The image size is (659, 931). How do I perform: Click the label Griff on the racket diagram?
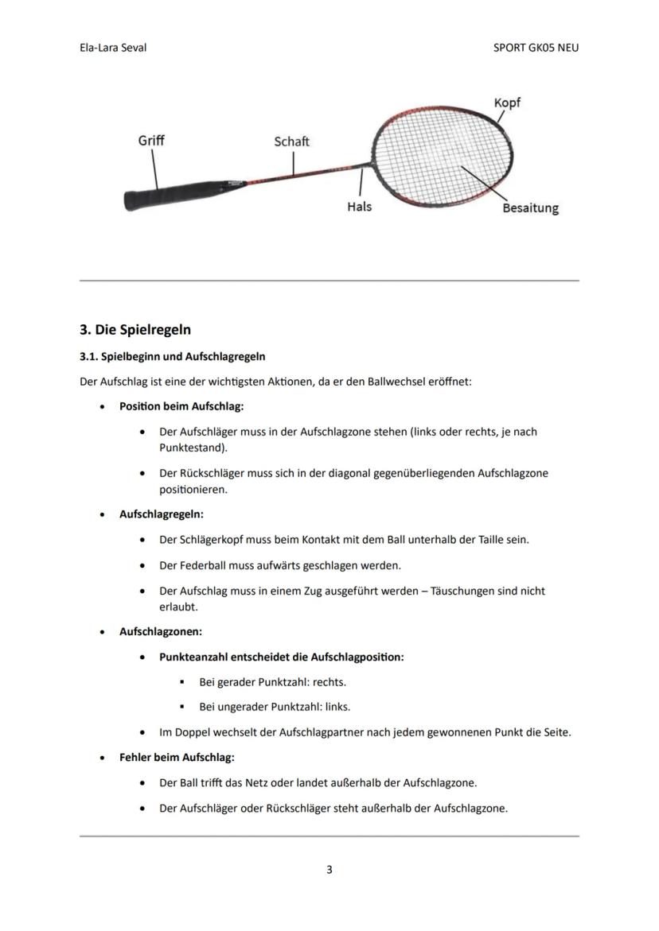tap(151, 140)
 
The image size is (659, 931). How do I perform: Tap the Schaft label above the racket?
tap(291, 142)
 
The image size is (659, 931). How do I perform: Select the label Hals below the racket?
tap(359, 207)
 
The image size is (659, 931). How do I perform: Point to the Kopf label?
tap(507, 103)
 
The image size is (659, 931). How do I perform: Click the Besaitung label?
tap(530, 208)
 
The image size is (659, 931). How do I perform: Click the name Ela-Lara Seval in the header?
tap(113, 48)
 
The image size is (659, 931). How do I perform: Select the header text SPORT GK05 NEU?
tap(536, 48)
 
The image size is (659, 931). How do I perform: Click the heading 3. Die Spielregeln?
tap(135, 329)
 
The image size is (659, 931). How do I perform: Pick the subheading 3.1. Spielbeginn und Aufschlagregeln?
tap(173, 356)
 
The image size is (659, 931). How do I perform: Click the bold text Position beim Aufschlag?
tap(181, 406)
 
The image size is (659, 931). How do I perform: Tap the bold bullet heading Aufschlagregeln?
tap(162, 514)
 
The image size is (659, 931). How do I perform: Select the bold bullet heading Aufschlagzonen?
tap(161, 631)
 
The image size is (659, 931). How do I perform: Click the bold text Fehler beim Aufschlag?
tap(177, 757)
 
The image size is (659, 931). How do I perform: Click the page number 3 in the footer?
tap(329, 869)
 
